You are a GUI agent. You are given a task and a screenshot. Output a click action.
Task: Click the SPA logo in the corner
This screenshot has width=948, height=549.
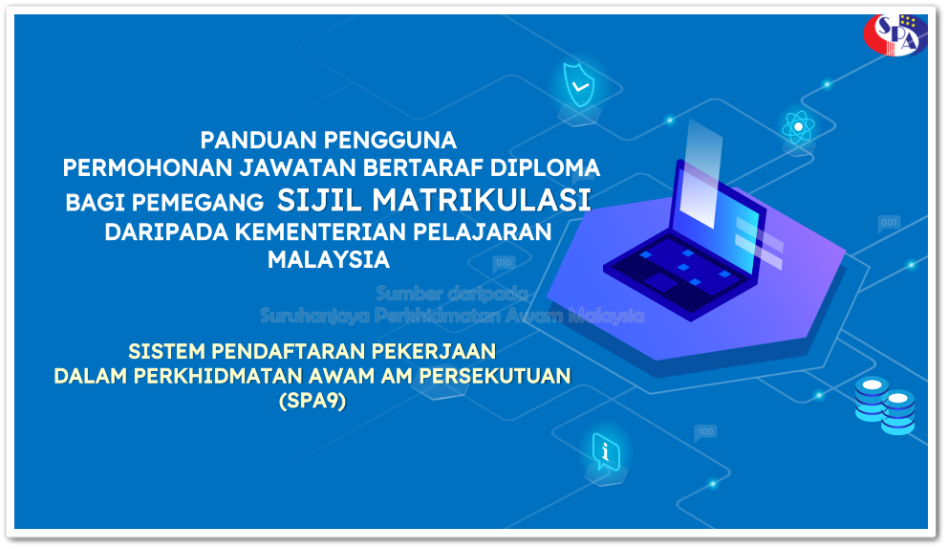(894, 33)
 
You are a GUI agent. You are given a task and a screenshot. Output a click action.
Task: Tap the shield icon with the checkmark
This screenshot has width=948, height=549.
(578, 85)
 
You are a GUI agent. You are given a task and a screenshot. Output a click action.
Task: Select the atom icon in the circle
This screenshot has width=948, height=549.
(797, 126)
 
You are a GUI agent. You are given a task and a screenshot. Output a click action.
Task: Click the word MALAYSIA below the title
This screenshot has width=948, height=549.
(329, 259)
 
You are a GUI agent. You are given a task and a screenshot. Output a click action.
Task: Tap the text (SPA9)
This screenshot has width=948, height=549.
(312, 402)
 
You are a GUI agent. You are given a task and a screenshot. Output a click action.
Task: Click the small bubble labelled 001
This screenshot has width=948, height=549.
(889, 224)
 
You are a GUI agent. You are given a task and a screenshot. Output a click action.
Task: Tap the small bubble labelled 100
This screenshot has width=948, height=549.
(705, 432)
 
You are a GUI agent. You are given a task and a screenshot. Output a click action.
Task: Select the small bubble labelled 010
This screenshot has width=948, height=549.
(504, 262)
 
